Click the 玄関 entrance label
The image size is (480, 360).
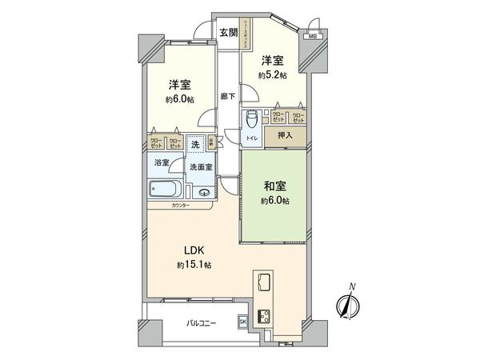tap(228, 33)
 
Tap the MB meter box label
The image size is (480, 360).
tap(312, 36)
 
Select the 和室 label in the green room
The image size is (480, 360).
tap(274, 186)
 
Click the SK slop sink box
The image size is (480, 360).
tap(242, 322)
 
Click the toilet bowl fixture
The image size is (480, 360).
tap(252, 118)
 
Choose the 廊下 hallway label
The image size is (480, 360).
tap(228, 97)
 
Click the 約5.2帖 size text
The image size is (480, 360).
tap(271, 75)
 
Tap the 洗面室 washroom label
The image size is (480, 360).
tap(201, 167)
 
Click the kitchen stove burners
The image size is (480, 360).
tap(263, 314)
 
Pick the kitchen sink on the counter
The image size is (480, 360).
tap(263, 282)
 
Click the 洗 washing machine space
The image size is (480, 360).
tap(195, 146)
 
